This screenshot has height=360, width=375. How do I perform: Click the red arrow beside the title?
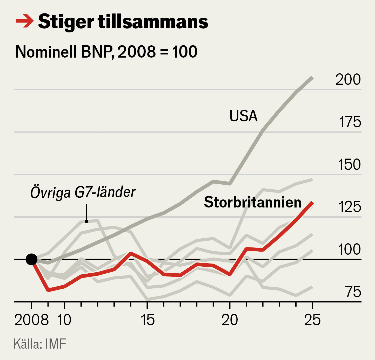coord(25,21)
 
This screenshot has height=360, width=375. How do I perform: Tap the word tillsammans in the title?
coord(153,22)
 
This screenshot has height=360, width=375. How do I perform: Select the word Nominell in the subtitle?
coord(46,52)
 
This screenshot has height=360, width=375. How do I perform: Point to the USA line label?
coord(243,116)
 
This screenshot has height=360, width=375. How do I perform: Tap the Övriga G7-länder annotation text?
coord(83,192)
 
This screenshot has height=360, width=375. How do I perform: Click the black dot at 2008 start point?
coord(31,259)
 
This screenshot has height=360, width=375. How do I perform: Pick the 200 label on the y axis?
coord(348,79)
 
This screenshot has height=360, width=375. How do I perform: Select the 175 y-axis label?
coord(350,122)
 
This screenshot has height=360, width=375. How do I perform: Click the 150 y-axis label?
coord(349,164)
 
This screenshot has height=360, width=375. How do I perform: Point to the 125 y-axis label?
coord(350,207)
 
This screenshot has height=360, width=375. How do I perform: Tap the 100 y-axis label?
coord(349,250)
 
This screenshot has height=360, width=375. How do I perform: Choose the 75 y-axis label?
coord(353,292)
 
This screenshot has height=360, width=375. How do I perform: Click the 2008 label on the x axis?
coord(31,320)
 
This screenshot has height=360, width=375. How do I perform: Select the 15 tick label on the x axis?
coord(147,320)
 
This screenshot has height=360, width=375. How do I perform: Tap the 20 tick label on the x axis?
coord(230,320)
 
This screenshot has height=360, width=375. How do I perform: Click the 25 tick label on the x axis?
coord(312,320)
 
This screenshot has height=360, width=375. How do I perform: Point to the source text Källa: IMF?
coord(40,344)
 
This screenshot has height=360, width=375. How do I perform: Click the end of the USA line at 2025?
coord(312,78)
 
